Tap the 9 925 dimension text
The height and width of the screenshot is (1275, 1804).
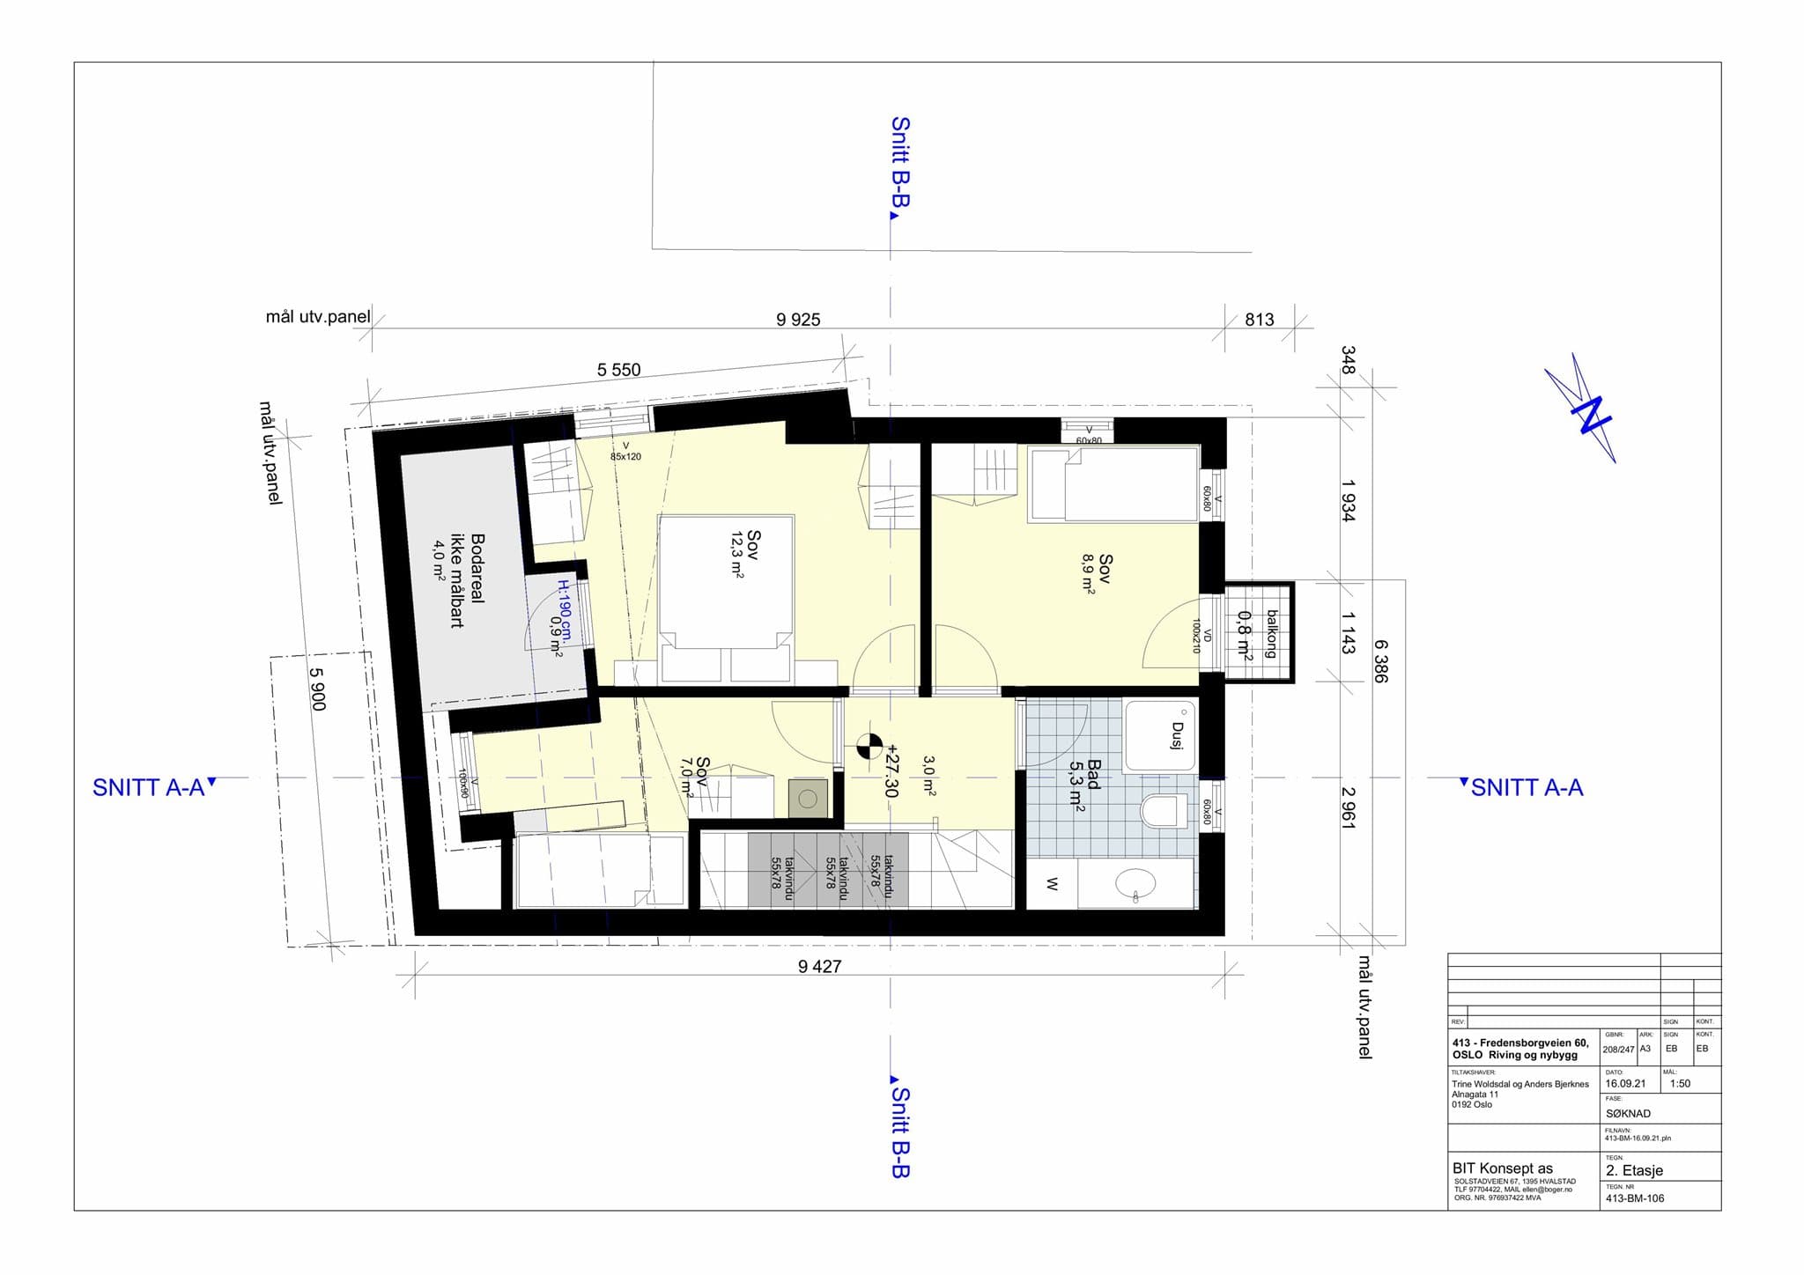point(798,320)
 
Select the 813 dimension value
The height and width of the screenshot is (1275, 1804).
point(1259,320)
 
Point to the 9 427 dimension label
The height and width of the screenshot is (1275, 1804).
point(819,967)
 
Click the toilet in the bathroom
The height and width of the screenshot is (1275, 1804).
point(1163,810)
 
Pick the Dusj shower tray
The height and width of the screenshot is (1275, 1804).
point(1161,736)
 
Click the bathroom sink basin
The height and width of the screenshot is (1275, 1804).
point(1135,883)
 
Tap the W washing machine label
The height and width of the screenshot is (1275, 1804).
point(1052,884)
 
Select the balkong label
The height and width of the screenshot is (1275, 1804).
point(1270,633)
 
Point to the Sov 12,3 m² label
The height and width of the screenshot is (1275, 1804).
point(744,553)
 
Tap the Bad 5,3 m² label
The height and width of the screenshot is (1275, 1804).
point(1084,784)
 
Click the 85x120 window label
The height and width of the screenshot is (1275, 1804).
point(625,457)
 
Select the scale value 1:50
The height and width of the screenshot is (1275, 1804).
point(1680,1084)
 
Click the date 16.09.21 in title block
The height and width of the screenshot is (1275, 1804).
point(1625,1084)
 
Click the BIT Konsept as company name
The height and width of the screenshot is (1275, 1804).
point(1503,1168)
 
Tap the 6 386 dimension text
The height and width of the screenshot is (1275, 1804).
point(1380,660)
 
